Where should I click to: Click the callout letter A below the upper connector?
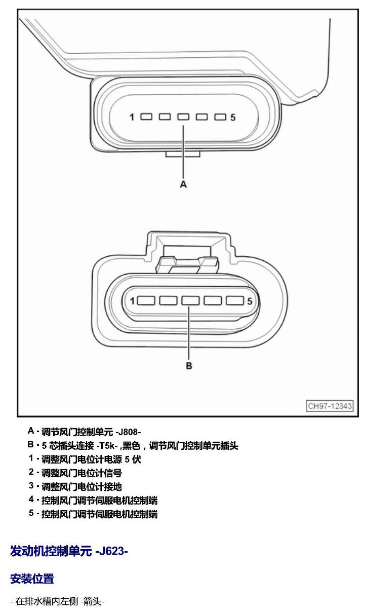click(183, 184)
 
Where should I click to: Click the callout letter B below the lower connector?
click(189, 366)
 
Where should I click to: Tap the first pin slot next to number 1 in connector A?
click(147, 117)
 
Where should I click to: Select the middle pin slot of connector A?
click(183, 117)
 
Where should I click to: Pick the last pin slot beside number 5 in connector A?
click(220, 117)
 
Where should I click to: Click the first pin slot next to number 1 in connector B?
click(146, 300)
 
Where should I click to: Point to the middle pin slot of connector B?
click(190, 300)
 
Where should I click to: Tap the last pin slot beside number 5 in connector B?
click(235, 300)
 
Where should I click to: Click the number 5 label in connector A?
click(233, 118)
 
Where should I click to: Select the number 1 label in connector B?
click(132, 301)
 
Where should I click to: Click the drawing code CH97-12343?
click(330, 406)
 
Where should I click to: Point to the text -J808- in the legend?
click(128, 432)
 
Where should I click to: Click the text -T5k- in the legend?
click(107, 446)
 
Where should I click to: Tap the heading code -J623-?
click(111, 551)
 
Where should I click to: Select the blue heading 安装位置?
click(32, 579)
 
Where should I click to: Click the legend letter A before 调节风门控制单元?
click(31, 431)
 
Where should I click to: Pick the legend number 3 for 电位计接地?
click(31, 486)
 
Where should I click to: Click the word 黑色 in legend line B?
click(131, 446)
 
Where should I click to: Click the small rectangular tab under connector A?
click(183, 154)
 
